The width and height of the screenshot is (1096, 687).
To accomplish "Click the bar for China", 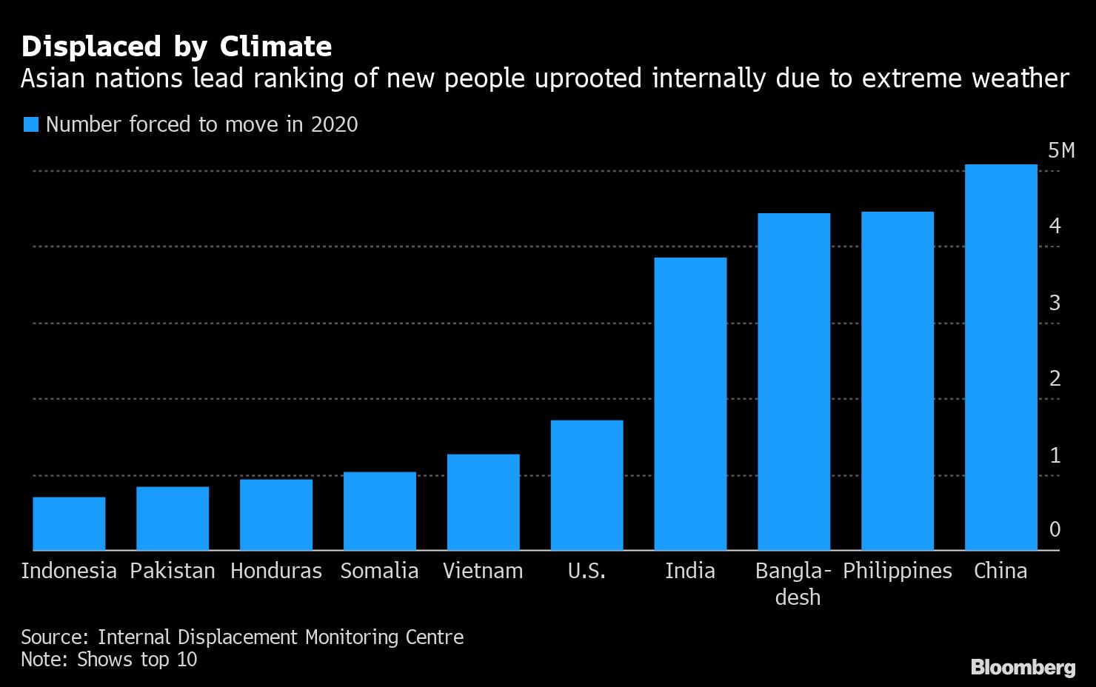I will [x=1000, y=357].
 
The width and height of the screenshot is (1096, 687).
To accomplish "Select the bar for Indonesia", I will [x=69, y=523].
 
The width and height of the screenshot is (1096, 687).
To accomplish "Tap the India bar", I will [x=690, y=403].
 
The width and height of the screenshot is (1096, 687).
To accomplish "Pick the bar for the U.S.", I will [x=587, y=485].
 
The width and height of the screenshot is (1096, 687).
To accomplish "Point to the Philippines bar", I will [x=897, y=381].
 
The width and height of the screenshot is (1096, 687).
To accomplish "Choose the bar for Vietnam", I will [x=483, y=502].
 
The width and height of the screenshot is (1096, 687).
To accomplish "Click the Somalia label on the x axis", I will [x=379, y=571].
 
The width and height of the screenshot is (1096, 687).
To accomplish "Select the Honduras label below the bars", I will [x=275, y=571].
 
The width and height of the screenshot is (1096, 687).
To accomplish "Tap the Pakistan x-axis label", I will [x=172, y=571].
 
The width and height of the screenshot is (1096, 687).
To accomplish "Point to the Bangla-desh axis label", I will [x=794, y=583].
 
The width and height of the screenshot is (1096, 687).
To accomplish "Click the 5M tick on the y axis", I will [x=1060, y=151].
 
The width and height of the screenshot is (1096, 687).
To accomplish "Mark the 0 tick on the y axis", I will [x=1055, y=529].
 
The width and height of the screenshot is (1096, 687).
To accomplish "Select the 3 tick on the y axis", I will [x=1055, y=303].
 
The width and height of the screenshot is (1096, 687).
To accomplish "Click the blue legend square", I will [x=30, y=124].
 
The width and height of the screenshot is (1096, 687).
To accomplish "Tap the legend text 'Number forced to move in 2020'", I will [x=201, y=124].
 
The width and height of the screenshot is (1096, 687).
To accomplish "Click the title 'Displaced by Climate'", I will [x=176, y=47].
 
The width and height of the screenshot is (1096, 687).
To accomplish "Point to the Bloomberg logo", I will [x=1023, y=667].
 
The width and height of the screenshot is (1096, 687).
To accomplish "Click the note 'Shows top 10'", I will [x=137, y=659].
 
